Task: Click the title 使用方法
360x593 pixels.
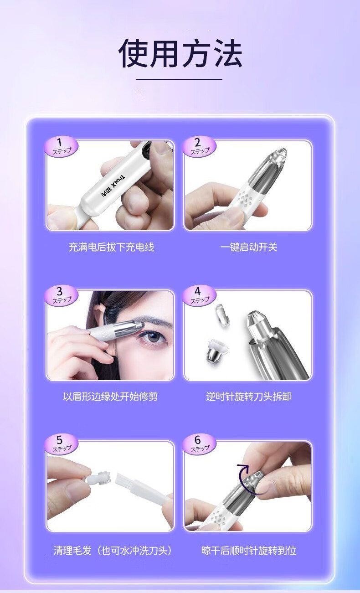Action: (180, 53)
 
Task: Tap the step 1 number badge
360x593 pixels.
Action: (61, 147)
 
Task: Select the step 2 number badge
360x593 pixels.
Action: (199, 147)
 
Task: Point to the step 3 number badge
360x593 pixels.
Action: (61, 296)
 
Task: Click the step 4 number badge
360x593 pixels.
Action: (199, 296)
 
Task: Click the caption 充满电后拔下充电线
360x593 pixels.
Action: (111, 247)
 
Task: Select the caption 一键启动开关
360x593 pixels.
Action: (249, 247)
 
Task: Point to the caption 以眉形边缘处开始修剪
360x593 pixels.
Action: (110, 397)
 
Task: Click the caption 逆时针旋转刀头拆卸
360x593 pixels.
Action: (249, 397)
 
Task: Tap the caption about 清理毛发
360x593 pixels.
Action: (113, 551)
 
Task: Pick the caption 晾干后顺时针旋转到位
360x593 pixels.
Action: (249, 551)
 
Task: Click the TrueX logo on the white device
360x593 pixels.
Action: (114, 185)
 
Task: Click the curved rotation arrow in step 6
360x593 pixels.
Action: (242, 476)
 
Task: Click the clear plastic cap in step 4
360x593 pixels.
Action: (222, 315)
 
